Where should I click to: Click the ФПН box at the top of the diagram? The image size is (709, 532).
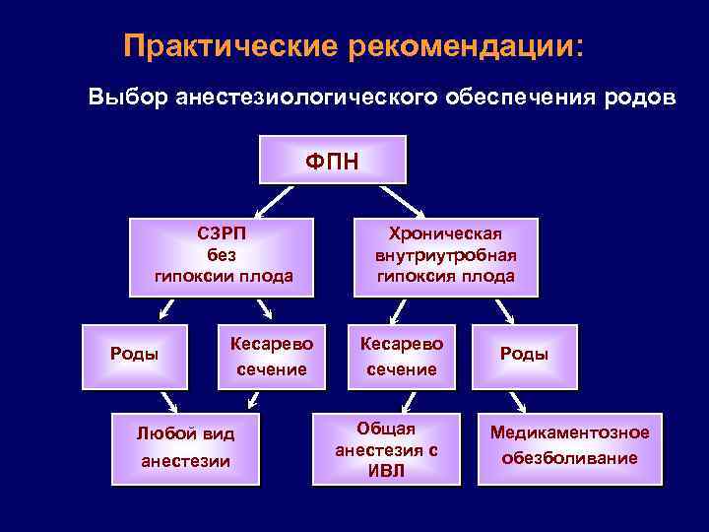click(x=320, y=159)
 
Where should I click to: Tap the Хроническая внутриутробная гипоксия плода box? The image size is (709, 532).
click(x=446, y=255)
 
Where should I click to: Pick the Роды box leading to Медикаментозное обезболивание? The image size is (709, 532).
click(x=524, y=354)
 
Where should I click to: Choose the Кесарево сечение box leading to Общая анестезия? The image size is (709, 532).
click(x=402, y=356)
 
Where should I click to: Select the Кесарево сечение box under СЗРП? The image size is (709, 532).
click(x=271, y=356)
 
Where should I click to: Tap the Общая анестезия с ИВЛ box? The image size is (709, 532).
click(x=386, y=448)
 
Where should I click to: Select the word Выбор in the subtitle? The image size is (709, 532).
click(x=125, y=99)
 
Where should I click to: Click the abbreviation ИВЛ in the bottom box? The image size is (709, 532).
click(x=386, y=470)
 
